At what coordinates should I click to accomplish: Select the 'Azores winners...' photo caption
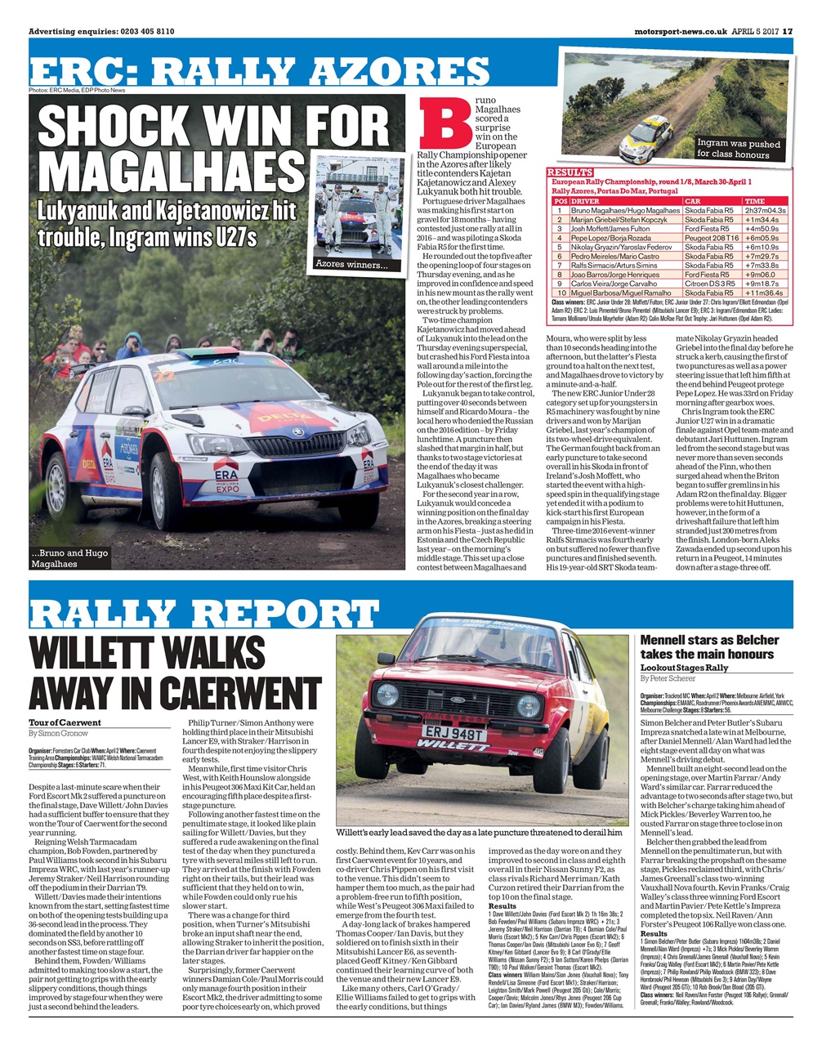pyautogui.click(x=353, y=264)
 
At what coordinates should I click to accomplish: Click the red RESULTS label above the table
pyautogui.click(x=570, y=172)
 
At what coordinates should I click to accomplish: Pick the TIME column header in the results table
pyautogui.click(x=754, y=200)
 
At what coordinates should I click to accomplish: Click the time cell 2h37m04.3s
pyautogui.click(x=765, y=210)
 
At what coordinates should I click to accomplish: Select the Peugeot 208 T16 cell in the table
pyautogui.click(x=710, y=238)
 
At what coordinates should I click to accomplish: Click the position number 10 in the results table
pyautogui.click(x=561, y=293)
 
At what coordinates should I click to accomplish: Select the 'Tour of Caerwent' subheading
pyautogui.click(x=65, y=722)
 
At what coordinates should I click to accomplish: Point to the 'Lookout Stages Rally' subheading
pyautogui.click(x=684, y=668)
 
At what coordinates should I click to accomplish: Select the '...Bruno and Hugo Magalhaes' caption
pyautogui.click(x=69, y=558)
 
